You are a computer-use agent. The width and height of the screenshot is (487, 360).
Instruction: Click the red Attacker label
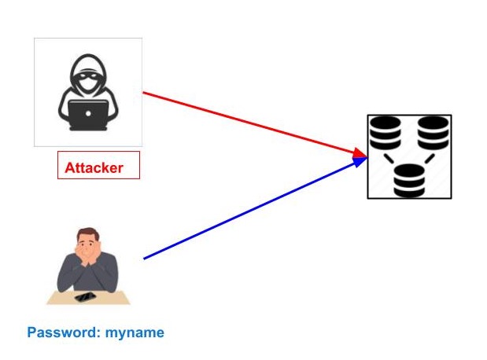[x=98, y=166]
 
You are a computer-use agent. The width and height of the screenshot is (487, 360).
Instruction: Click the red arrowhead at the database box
[x=360, y=152]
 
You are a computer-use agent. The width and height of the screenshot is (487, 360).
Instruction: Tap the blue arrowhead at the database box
[x=360, y=161]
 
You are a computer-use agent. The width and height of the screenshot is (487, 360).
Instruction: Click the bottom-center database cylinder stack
[x=408, y=180]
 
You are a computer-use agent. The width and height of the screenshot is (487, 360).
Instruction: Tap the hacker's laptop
[x=87, y=115]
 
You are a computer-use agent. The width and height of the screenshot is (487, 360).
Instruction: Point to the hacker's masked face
[x=87, y=79]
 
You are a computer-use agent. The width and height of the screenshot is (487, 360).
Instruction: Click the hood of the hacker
[x=87, y=64]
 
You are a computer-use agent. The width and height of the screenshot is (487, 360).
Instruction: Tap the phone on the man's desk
[x=85, y=297]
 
